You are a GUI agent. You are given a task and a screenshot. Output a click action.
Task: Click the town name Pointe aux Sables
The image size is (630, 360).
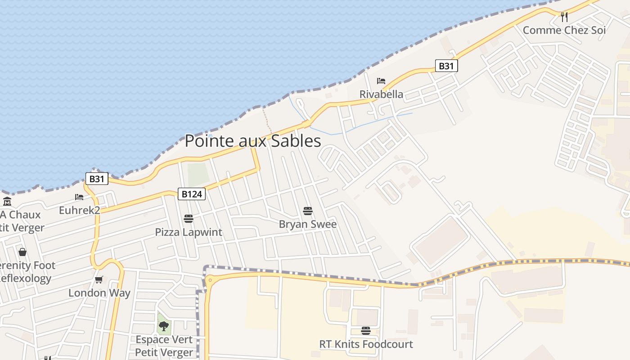[253, 141]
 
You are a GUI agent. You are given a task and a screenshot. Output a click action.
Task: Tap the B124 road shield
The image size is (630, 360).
[192, 194]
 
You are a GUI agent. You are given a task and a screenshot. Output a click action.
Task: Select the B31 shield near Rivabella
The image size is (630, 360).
[446, 66]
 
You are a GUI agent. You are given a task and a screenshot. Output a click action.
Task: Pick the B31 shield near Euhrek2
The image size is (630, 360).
[97, 179]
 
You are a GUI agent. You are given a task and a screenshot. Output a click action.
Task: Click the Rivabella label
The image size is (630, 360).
[381, 94]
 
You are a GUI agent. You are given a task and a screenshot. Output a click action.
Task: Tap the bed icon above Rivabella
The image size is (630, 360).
[381, 81]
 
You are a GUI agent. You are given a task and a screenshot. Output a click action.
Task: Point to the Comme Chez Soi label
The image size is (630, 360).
[564, 30]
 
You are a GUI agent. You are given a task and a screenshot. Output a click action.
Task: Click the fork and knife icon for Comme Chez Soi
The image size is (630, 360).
[564, 17]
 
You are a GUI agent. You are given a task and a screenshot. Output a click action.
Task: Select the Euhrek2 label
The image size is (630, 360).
[79, 210]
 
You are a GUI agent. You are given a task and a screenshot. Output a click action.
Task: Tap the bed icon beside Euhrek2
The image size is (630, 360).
[79, 197]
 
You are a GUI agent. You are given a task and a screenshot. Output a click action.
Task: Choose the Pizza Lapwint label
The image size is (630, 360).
[189, 232]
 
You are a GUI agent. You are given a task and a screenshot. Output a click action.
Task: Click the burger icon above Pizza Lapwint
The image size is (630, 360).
[189, 219]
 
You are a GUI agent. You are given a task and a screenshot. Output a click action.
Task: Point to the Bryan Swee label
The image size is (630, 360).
[308, 224]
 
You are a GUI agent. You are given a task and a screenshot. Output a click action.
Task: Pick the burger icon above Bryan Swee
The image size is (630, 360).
[308, 211]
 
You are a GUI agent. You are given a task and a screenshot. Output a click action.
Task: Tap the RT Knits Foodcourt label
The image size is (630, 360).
[366, 344]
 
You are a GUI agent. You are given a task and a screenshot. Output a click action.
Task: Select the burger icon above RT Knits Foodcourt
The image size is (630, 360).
[366, 331]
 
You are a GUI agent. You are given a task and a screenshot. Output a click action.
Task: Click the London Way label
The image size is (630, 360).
[99, 293]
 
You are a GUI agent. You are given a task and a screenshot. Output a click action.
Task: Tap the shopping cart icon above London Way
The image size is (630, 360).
[99, 279]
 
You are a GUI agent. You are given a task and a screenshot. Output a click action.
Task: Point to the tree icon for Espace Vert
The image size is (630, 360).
[164, 326]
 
